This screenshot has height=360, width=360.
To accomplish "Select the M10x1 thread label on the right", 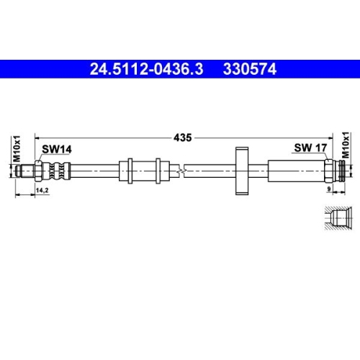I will (345, 147).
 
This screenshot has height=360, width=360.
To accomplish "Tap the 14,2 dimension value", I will (42, 191).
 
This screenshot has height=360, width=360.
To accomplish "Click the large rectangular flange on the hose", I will (240, 171).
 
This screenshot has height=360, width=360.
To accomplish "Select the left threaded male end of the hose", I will (28, 171).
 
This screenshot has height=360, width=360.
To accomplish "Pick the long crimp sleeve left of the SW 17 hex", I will (295, 171).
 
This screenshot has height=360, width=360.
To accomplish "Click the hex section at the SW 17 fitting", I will (328, 171).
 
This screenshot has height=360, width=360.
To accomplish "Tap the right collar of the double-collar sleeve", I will (157, 171).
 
